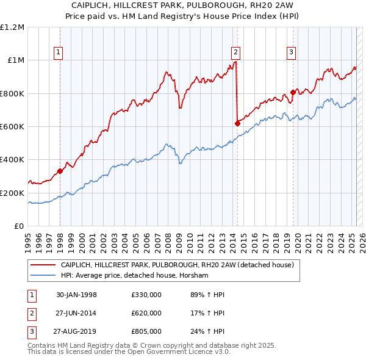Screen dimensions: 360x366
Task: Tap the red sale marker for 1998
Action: coord(60,171)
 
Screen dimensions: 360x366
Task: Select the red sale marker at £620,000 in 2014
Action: coord(237,123)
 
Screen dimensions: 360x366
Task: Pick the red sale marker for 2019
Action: coord(293,93)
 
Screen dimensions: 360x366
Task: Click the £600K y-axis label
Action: coord(12,127)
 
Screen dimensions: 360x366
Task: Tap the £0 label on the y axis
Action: coord(19,226)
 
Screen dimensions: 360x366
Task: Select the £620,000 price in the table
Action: coord(146,314)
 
